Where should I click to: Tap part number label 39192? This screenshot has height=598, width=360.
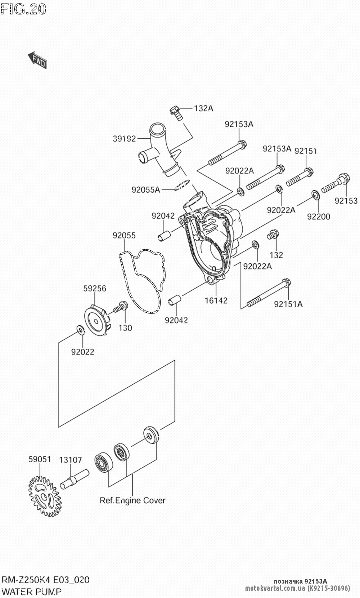[x=124, y=138]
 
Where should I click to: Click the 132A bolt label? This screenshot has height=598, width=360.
[x=204, y=108]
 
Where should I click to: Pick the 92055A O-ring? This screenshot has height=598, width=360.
[x=181, y=185]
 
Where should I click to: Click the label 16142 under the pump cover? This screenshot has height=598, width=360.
[x=216, y=300]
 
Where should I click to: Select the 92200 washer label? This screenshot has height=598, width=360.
[x=319, y=217]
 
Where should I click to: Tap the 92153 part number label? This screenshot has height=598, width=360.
[x=346, y=201]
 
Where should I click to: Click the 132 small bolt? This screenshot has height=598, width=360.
[x=273, y=235]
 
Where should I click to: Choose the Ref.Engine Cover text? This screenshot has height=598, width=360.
[x=132, y=500]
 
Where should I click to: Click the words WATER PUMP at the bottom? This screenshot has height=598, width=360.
[x=32, y=591]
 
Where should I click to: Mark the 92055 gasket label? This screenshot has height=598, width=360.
[x=124, y=235]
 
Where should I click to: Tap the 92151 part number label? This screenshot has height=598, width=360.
[x=306, y=151]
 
